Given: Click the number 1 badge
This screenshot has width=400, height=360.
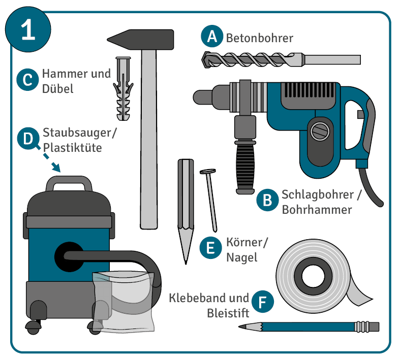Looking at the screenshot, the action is (28, 29).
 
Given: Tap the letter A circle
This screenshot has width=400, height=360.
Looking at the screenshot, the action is (212, 36).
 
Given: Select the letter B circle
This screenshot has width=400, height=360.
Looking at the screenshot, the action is (268, 200).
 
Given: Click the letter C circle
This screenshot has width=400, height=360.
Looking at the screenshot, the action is (27, 80).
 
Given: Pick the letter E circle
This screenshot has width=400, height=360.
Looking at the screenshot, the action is (211, 247).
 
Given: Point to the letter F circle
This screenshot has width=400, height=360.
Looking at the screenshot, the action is (263, 302).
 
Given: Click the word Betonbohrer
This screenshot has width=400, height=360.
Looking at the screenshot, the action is (260, 38).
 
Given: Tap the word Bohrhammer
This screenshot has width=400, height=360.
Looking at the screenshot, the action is (317, 210).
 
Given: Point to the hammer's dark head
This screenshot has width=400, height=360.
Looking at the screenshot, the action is (141, 40).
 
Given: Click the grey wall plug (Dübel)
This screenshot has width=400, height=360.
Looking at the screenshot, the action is (123, 89).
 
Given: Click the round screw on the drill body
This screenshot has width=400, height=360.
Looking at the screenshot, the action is (320, 132).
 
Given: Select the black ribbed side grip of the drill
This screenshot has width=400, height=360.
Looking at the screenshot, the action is (245, 167).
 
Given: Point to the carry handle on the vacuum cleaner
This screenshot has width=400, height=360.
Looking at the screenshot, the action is (69, 182).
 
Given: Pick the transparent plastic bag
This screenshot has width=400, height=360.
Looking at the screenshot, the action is (124, 302).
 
